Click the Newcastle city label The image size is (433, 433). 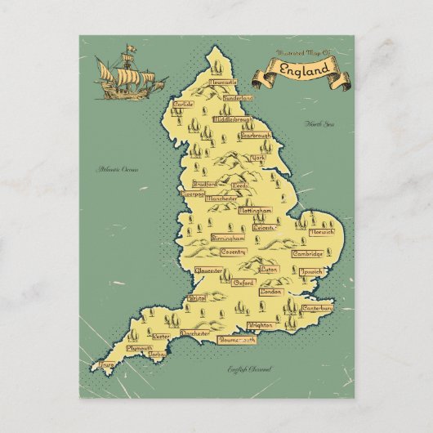(222, 83)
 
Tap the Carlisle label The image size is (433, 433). (183, 105)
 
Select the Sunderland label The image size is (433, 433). (238, 98)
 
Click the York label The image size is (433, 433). (258, 157)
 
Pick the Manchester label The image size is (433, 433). (222, 199)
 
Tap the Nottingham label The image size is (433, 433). (254, 211)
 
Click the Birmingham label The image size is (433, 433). (228, 238)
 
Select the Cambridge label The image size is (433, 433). (308, 254)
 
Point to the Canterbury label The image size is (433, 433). (317, 309)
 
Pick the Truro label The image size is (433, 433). (105, 364)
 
